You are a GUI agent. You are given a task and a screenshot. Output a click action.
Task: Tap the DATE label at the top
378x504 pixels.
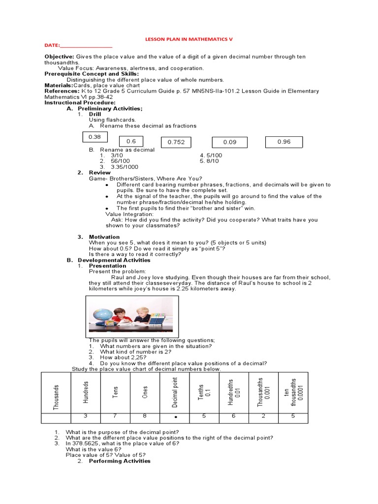click(55, 45)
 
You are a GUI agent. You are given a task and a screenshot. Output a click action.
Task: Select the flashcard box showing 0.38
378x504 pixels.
click(94, 137)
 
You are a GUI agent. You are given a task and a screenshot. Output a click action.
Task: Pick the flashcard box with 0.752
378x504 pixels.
click(176, 142)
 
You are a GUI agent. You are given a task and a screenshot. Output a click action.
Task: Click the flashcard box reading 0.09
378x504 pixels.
click(229, 142)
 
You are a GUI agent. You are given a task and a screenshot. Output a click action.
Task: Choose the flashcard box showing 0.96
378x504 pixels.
click(284, 142)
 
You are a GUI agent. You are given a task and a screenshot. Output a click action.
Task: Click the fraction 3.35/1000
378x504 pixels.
click(114, 166)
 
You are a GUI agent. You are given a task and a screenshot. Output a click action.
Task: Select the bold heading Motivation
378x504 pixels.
click(104, 237)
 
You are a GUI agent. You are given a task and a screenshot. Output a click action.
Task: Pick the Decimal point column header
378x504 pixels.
click(175, 393)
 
